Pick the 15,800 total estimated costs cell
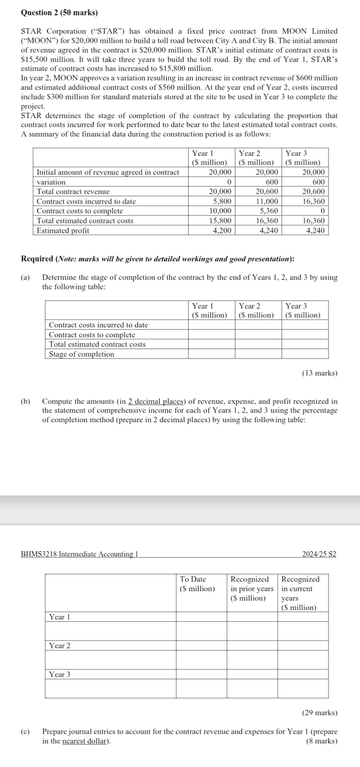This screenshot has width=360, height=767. click(x=221, y=221)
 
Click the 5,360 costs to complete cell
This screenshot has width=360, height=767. click(x=269, y=211)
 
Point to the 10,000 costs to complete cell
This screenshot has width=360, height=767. click(x=221, y=211)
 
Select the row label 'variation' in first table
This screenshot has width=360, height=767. click(x=51, y=182)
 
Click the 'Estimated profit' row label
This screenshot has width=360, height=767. click(x=62, y=231)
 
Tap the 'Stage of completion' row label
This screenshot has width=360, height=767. click(x=81, y=354)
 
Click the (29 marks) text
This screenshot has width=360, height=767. click(x=319, y=713)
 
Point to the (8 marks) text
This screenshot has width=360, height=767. click(x=321, y=741)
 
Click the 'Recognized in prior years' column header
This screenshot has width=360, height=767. click(x=251, y=589)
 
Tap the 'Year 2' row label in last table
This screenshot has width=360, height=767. click(x=60, y=646)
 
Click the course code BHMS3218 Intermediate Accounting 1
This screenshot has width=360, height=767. click(x=79, y=554)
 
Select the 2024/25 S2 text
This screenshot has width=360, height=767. click(x=319, y=554)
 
